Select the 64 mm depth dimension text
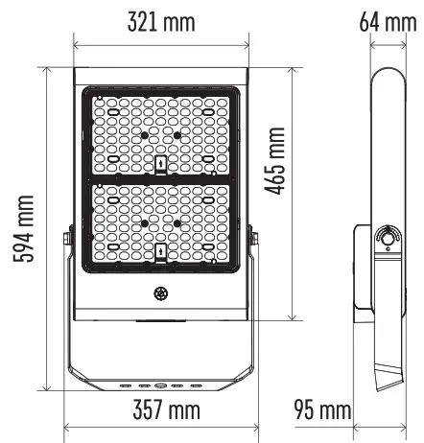point(382,21)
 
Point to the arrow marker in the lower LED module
point(161,253)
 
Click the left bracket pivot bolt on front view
point(67,239)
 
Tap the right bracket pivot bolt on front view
point(253,239)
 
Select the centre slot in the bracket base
point(160,383)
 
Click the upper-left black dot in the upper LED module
point(144,136)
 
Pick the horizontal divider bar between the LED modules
point(160,178)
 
